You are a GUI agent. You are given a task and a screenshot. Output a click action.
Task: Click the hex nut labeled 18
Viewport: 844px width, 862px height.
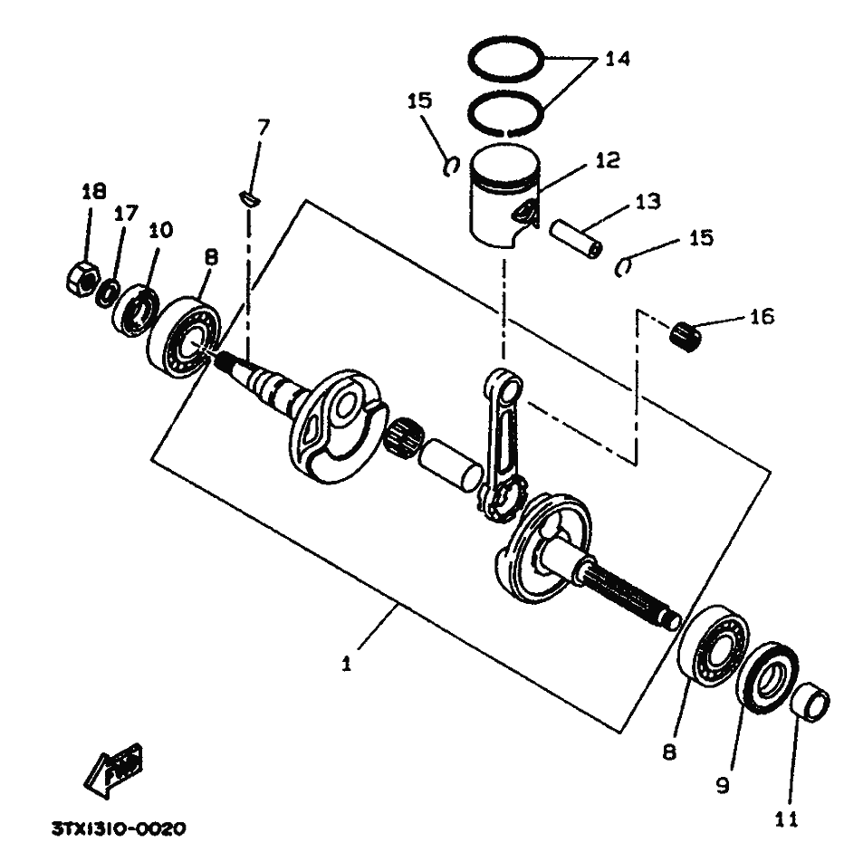coord(82,280)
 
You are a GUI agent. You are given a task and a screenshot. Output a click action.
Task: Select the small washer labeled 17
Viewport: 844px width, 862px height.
coord(107,292)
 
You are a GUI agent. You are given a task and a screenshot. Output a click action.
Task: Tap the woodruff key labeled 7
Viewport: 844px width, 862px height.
coord(249,198)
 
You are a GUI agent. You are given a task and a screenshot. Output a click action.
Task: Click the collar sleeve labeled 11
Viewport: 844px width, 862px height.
coord(810,703)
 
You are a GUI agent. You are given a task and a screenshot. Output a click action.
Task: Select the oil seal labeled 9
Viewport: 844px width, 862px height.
coord(768,678)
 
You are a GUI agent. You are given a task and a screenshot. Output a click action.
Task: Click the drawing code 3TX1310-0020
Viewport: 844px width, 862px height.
coord(119,828)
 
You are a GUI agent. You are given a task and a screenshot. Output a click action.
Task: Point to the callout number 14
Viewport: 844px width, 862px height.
coord(618,58)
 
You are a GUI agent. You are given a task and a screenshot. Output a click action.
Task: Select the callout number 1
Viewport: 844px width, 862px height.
coord(346,664)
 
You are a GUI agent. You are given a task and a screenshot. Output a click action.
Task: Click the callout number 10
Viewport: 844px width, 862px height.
coord(160,230)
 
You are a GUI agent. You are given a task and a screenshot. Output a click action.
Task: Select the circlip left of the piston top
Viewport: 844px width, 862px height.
coord(451,166)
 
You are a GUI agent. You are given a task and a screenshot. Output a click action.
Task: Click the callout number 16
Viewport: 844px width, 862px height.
coord(762,317)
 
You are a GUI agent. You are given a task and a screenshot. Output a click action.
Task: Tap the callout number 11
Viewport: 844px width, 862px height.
coord(786,819)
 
